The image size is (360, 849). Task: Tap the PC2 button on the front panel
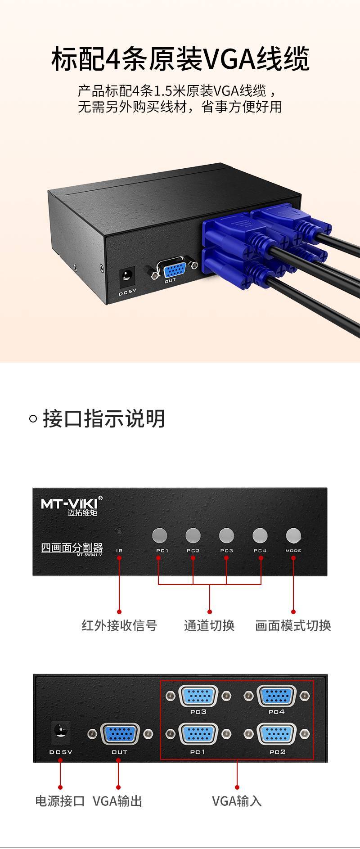193,535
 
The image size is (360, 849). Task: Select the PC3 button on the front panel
226,535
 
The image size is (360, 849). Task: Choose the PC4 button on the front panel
260,535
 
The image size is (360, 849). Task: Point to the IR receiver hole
119,530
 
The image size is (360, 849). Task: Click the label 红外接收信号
119,625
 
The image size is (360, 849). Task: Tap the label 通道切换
209,625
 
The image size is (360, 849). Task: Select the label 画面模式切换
293,625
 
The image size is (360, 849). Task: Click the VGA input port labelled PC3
198,696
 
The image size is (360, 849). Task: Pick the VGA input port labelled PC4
276,696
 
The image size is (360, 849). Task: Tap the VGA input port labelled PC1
198,734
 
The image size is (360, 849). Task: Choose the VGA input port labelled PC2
276,734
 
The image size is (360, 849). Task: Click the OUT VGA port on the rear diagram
120,734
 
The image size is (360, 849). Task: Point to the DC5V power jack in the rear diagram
60,733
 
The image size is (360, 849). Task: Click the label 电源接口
60,801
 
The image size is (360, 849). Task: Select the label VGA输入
237,801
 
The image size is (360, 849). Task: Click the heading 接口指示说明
104,418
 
